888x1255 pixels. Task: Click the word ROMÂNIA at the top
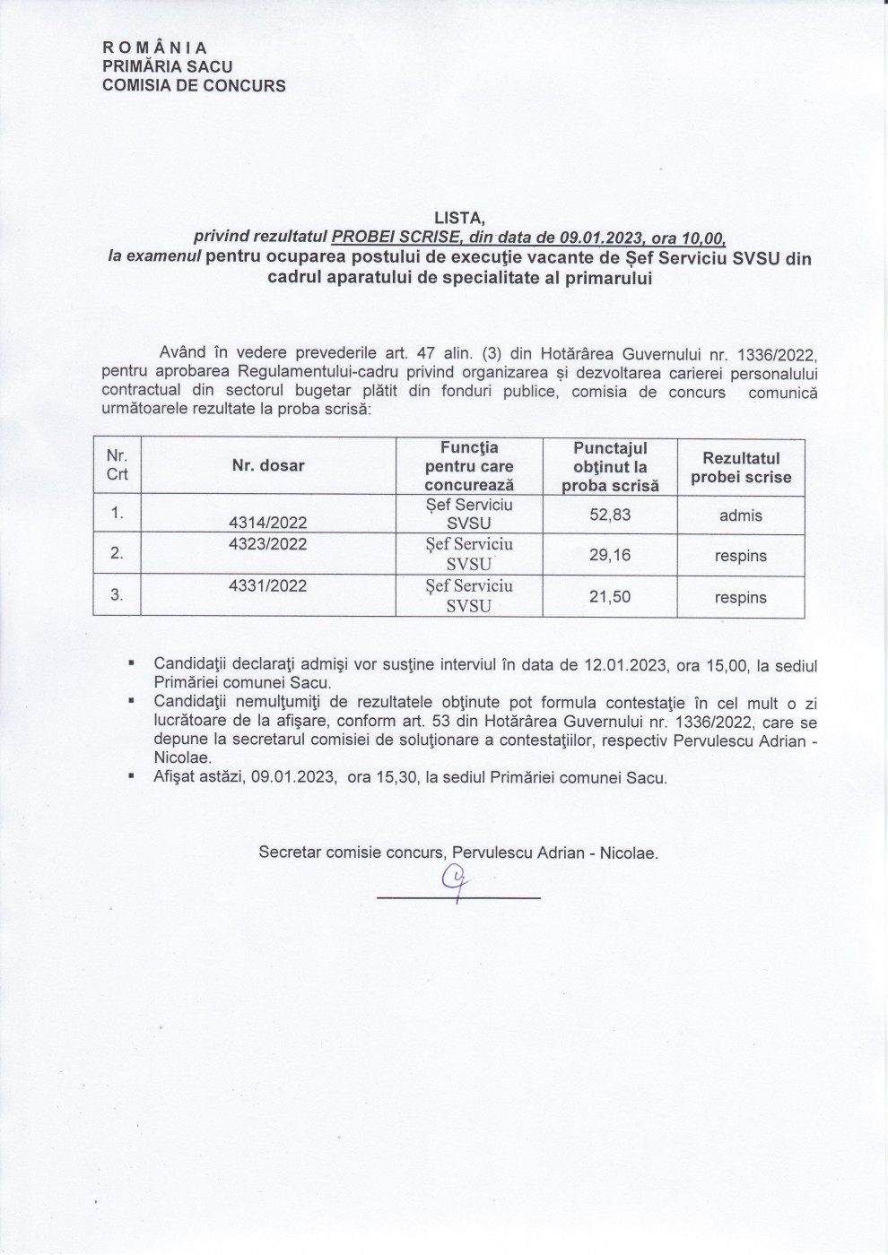point(155,48)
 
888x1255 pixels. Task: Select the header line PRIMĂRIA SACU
point(168,66)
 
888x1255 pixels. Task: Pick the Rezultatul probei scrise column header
point(741,467)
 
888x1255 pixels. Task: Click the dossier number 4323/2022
point(268,544)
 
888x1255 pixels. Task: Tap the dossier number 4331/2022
point(268,586)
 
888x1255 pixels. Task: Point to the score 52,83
point(610,515)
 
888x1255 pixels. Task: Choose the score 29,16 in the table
point(610,555)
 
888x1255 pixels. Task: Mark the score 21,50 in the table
point(610,597)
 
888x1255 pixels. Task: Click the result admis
point(741,515)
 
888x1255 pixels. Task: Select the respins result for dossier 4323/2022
point(741,556)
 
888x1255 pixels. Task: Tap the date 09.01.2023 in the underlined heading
point(599,238)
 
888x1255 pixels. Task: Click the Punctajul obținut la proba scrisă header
point(610,467)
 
